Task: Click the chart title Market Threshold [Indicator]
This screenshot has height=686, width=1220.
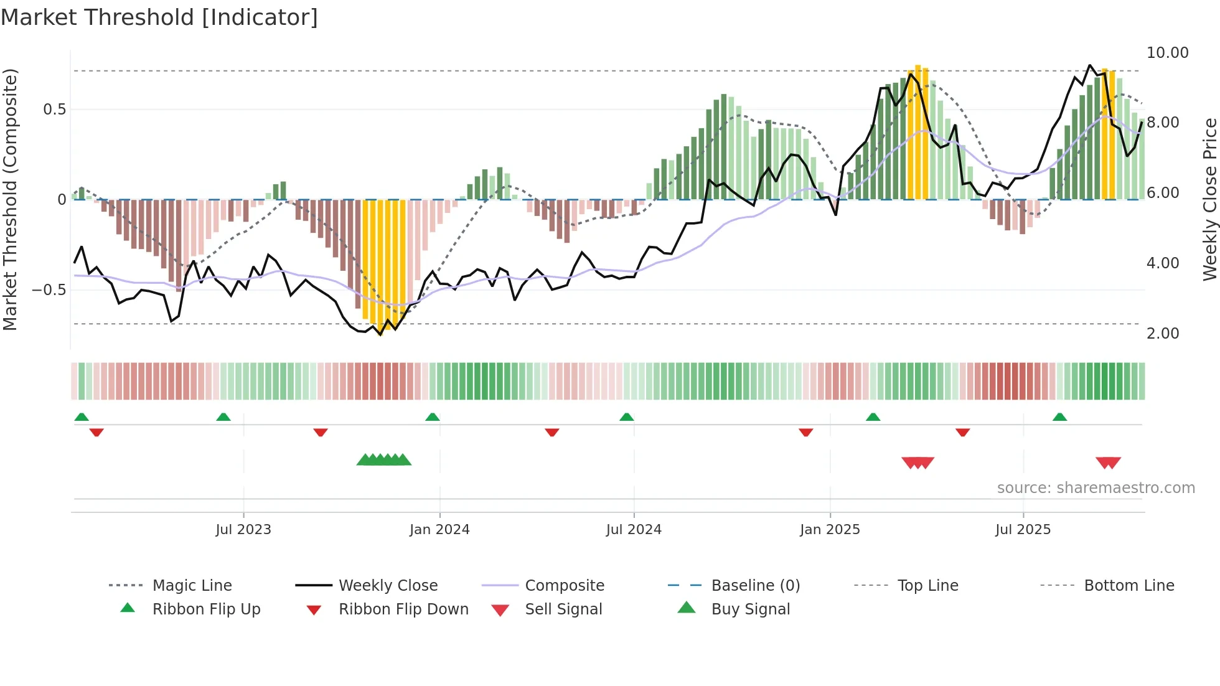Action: click(159, 17)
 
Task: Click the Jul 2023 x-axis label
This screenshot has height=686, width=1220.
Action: click(243, 530)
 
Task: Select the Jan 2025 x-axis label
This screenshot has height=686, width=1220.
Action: click(830, 530)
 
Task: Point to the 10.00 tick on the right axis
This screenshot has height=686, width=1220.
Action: click(1167, 53)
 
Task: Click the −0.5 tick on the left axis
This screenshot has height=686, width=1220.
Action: click(49, 290)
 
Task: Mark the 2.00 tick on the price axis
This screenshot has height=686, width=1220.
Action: click(1162, 334)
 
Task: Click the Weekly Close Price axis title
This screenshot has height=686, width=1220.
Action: click(1209, 199)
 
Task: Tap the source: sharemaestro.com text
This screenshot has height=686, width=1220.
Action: click(1096, 488)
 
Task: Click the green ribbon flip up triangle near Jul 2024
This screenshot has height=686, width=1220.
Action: click(627, 417)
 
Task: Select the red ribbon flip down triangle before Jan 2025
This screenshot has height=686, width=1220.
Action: click(806, 432)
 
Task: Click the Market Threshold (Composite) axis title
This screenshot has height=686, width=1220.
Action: click(10, 199)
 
